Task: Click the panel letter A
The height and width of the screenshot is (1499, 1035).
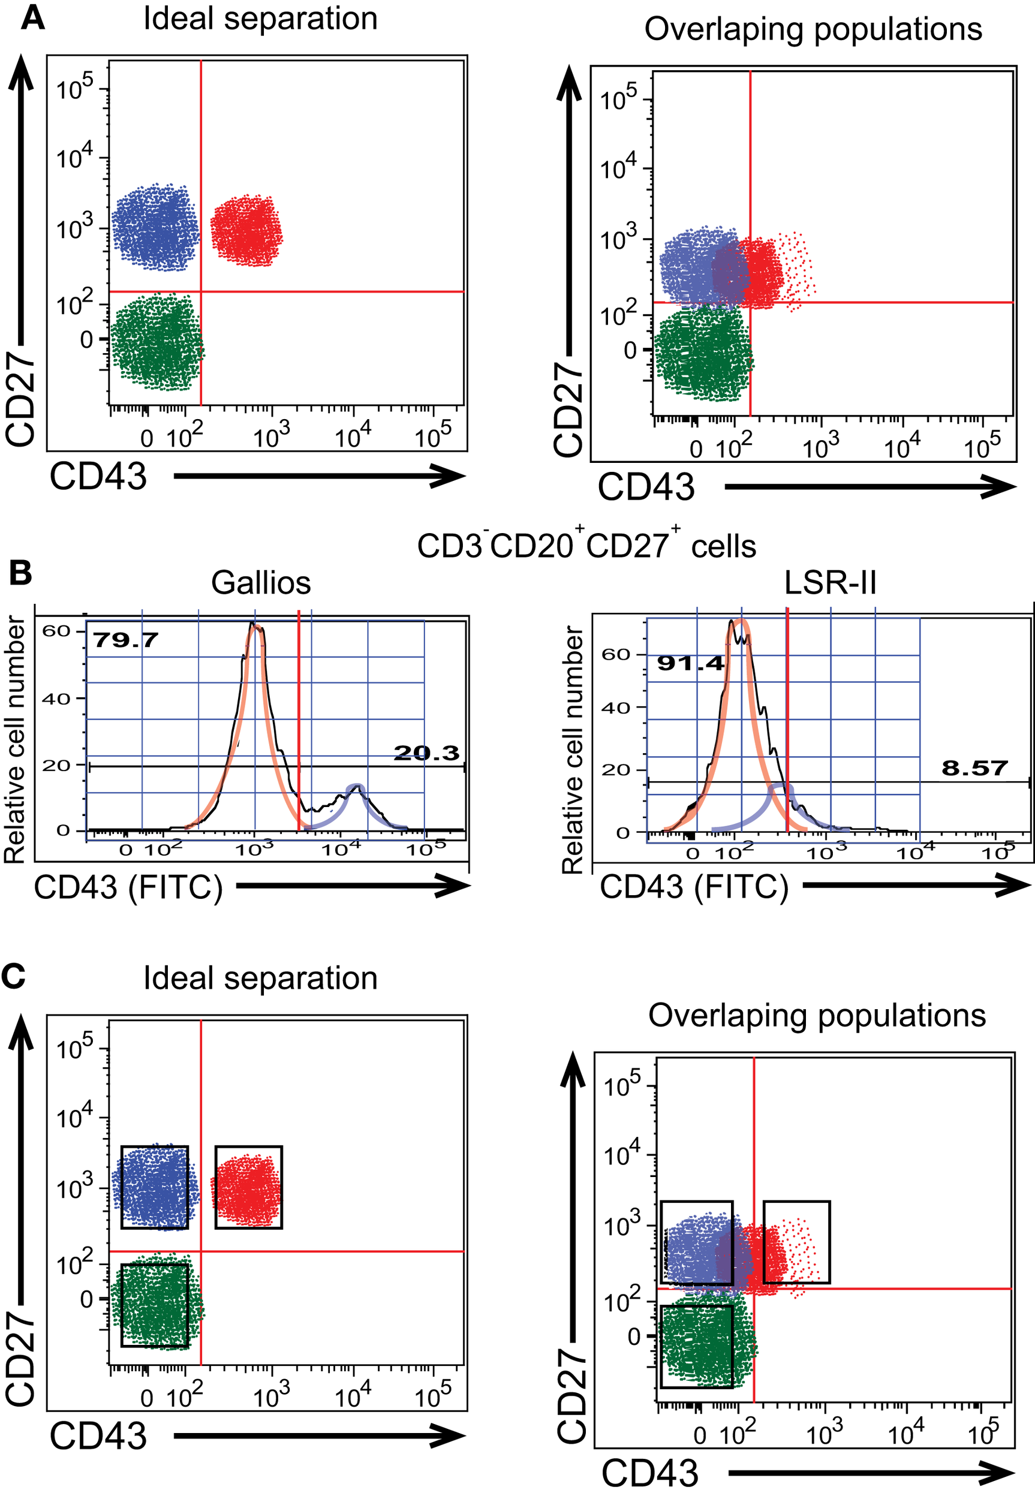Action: [32, 17]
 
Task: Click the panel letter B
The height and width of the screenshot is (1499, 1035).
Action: [20, 573]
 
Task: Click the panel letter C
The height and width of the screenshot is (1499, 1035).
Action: [14, 976]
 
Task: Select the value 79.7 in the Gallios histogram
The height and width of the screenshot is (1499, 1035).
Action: [125, 640]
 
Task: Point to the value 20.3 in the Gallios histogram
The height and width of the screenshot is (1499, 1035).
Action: [426, 752]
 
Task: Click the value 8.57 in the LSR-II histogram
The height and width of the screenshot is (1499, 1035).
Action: [974, 768]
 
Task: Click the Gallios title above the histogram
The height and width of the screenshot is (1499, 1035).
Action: [261, 583]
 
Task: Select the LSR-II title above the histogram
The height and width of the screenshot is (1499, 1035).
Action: [829, 583]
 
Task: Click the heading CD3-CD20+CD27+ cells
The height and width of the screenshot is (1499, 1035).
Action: [586, 546]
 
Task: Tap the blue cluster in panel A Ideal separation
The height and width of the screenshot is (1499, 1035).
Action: [156, 227]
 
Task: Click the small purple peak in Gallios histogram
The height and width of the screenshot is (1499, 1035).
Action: [355, 789]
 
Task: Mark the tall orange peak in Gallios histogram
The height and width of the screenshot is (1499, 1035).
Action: [255, 629]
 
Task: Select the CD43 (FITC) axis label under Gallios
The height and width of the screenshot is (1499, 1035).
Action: [128, 887]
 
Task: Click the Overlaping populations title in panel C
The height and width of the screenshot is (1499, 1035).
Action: [817, 1015]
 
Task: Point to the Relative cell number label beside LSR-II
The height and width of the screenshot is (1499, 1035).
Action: [571, 749]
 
